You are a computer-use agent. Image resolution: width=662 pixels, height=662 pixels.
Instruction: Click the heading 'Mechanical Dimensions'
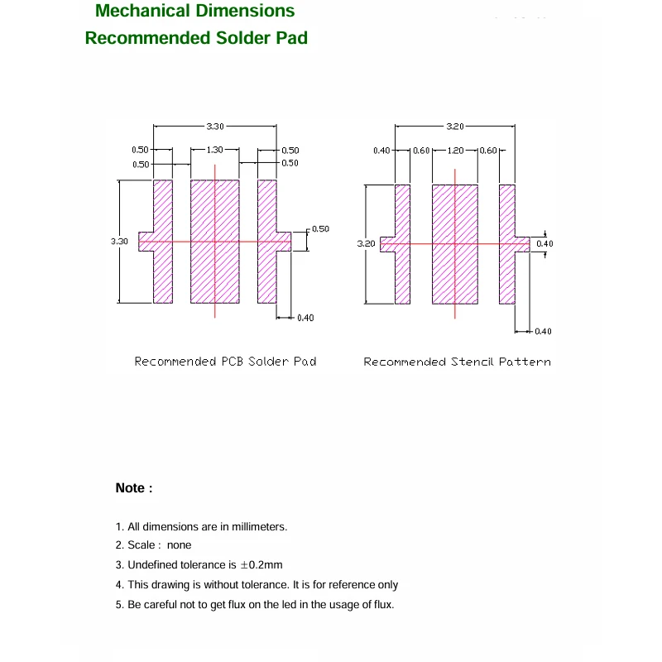click(x=194, y=12)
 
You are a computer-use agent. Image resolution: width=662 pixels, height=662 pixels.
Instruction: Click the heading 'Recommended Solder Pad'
click(x=196, y=38)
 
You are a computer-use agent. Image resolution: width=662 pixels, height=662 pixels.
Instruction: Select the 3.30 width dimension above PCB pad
click(x=215, y=127)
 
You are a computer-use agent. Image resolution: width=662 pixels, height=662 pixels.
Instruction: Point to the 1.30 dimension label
click(x=214, y=150)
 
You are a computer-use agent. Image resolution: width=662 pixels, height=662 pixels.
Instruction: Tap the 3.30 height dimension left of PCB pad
click(x=119, y=241)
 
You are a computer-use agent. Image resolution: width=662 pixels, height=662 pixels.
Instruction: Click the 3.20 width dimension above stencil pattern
click(x=455, y=127)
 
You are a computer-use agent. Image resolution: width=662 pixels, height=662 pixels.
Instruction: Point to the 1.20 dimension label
click(x=455, y=151)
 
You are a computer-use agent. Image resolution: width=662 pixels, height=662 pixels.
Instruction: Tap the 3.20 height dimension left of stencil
click(x=366, y=244)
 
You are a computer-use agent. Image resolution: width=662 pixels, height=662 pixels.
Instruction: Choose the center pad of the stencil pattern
click(x=455, y=244)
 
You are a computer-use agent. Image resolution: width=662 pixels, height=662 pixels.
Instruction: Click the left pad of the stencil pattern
click(x=402, y=244)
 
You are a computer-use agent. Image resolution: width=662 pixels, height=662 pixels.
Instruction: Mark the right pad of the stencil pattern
click(x=507, y=244)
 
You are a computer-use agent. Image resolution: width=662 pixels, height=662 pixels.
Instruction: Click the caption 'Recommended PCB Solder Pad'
click(x=225, y=362)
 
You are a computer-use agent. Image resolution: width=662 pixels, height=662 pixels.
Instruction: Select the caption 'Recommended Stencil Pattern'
click(x=457, y=362)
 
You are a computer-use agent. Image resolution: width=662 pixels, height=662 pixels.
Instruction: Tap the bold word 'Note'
click(x=130, y=488)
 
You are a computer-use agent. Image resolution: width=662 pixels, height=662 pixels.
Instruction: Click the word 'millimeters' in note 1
click(x=258, y=526)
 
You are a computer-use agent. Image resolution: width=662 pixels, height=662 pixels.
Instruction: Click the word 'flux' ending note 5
click(x=382, y=604)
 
